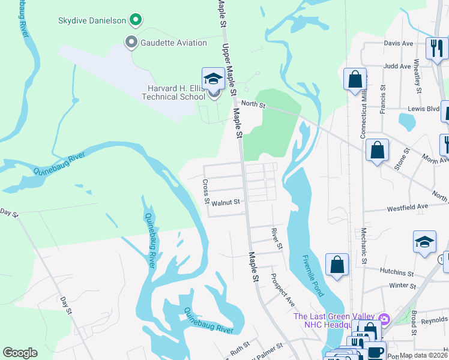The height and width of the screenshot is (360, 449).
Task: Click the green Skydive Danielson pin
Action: (136, 21)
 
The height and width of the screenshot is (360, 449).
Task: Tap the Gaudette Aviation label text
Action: (173, 43)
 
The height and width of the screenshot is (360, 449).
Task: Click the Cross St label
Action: (206, 191)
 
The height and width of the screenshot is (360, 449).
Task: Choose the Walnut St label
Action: (226, 203)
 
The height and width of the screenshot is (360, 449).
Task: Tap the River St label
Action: (276, 238)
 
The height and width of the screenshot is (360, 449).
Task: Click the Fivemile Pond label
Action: (312, 275)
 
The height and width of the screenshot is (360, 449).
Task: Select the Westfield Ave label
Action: (408, 206)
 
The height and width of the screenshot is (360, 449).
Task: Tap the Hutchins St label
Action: (397, 272)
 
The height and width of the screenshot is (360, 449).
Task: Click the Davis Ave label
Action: (399, 44)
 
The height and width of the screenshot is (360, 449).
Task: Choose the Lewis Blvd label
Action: (424, 109)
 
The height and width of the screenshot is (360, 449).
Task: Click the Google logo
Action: (20, 353)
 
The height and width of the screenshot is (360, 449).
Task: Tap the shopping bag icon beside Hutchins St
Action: (337, 265)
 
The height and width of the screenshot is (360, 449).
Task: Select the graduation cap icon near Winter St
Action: (424, 242)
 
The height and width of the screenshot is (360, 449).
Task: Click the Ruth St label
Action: (240, 347)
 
